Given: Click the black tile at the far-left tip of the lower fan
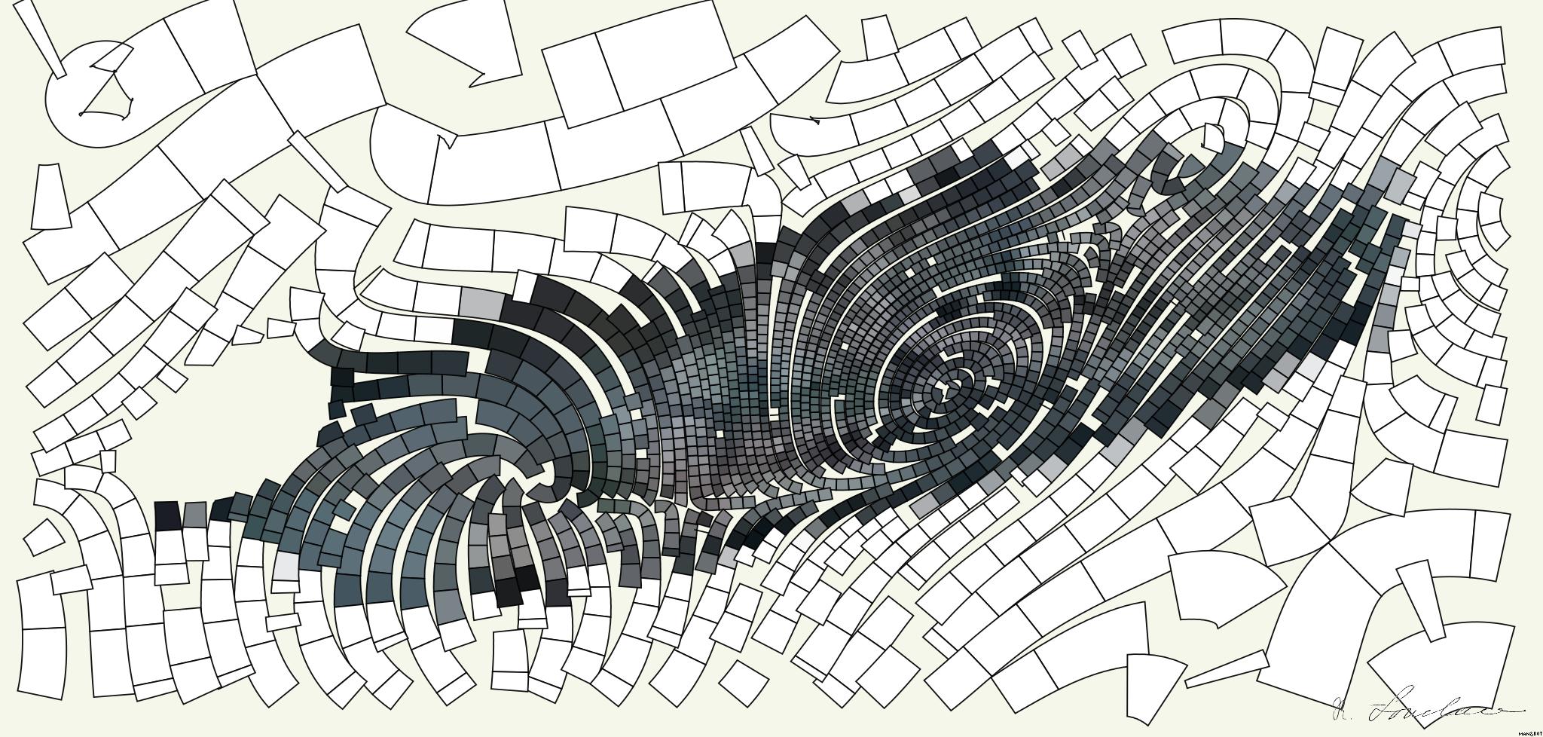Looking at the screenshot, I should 167,516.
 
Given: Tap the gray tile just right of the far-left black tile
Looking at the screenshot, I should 194,514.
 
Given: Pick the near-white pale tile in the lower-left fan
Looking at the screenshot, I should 286,566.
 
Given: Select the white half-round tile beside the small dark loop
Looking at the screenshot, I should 1213,136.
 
